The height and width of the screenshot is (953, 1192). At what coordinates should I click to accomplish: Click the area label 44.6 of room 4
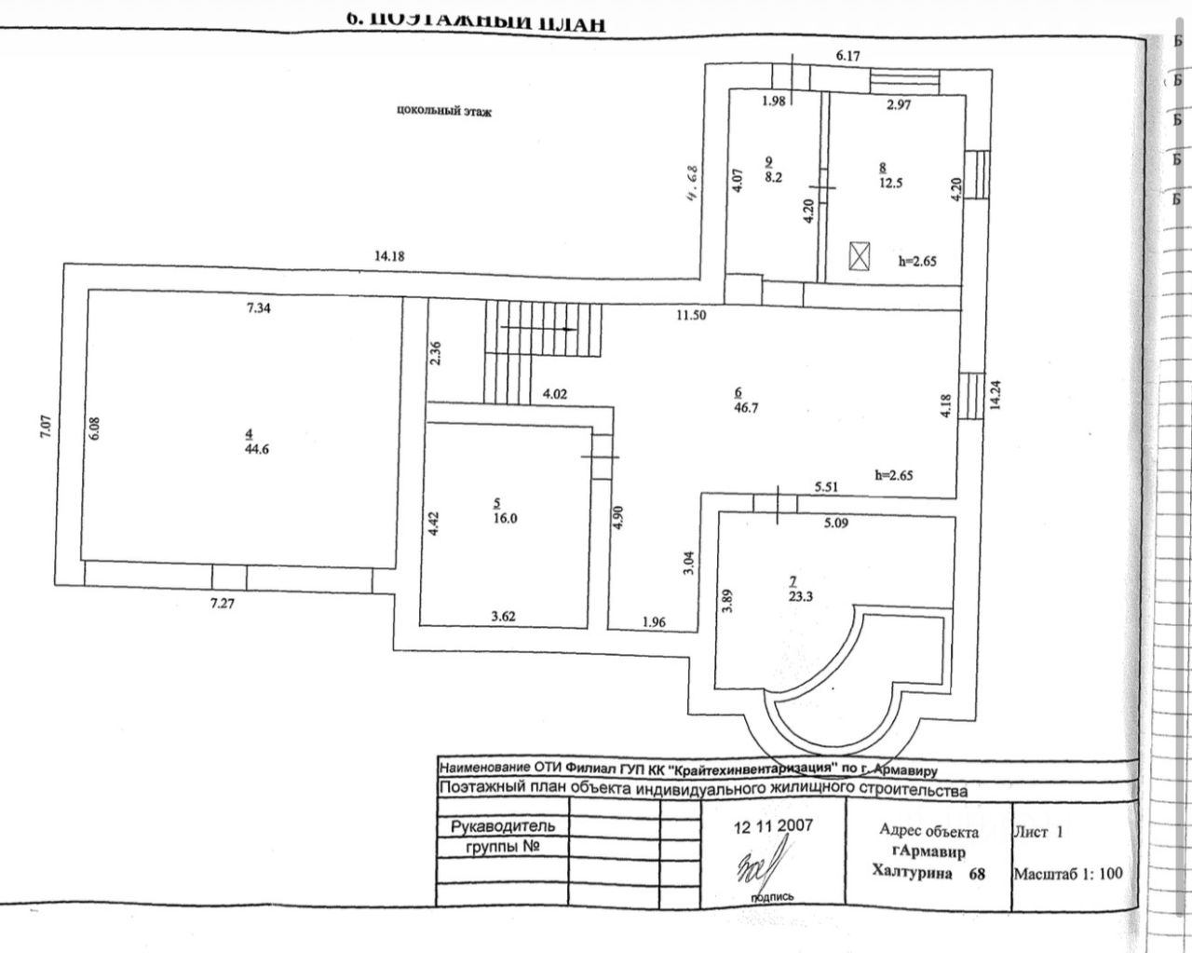coord(248,449)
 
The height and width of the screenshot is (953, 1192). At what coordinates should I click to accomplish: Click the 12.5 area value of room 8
coord(889,184)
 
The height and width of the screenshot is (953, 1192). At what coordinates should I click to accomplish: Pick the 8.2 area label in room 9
coord(772,175)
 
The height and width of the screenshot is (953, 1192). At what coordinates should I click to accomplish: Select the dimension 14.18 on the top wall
coord(389,256)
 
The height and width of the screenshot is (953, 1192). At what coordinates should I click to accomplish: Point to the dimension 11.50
coord(691,316)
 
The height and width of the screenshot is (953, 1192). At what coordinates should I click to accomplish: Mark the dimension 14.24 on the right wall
coord(996,394)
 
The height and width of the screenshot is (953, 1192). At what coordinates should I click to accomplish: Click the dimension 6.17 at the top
coord(847,56)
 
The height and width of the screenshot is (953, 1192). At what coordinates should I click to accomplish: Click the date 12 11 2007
coord(773,826)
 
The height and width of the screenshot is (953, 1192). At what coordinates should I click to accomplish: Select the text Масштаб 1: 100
coord(1067,874)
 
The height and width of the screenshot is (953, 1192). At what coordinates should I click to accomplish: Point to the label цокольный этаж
coord(443,112)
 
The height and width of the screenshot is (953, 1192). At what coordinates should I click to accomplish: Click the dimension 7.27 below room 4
coord(223,604)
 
